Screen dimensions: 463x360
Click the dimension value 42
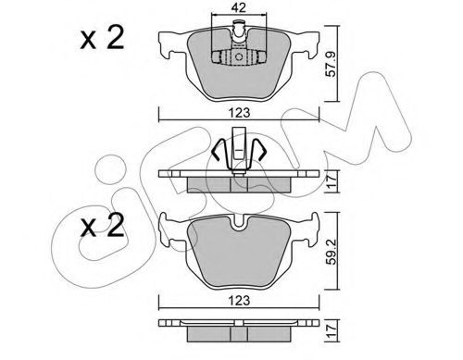239,7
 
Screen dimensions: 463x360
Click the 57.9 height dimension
331,64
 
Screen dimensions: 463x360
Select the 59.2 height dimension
332,251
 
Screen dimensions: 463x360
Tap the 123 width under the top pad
240,113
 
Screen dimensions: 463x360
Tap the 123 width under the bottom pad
240,300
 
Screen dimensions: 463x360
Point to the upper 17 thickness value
331,181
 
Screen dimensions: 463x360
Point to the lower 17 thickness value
332,330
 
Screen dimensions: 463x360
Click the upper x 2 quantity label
102,38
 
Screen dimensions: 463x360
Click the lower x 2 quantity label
102,225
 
